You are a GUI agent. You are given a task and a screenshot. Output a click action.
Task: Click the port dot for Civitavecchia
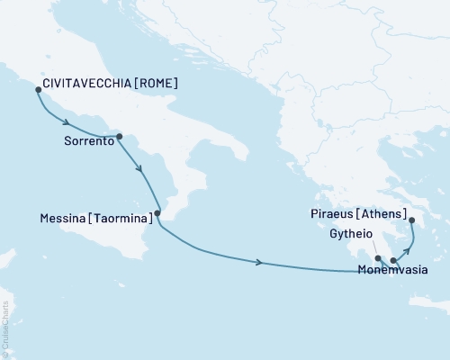click(37, 90)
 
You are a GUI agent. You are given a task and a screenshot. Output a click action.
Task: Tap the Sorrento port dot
click(120, 137)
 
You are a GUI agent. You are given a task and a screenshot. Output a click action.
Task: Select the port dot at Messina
click(157, 213)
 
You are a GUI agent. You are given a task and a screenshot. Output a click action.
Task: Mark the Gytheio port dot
click(378, 258)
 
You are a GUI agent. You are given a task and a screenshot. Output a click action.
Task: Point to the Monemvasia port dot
click(393, 261)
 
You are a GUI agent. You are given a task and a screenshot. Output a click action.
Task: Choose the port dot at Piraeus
click(411, 220)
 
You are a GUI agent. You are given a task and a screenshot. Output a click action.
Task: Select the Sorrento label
click(89, 141)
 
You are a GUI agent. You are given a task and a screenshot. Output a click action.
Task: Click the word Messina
click(66, 218)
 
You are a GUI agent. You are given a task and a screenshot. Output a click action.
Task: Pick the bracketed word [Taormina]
click(121, 218)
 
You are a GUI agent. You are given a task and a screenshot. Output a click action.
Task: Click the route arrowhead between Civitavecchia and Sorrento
click(66, 123)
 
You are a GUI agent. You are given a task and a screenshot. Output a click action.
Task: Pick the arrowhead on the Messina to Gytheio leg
click(260, 262)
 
